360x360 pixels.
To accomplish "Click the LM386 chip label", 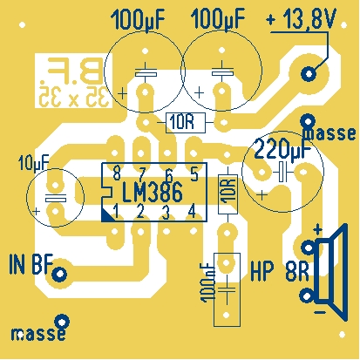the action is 152,192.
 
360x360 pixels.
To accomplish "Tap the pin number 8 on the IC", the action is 117,174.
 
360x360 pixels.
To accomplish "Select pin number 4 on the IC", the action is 192,211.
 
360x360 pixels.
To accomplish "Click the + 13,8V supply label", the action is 302,18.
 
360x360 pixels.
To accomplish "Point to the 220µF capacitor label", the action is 282,148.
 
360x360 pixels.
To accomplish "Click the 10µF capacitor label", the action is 33,163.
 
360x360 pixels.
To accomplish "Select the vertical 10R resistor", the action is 228,194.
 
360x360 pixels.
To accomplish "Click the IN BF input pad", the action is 59,274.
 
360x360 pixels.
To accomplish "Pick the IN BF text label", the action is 31,264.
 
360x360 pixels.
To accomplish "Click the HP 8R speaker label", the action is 280,271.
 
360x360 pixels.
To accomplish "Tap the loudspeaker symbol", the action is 331,272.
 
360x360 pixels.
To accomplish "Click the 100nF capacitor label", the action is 207,282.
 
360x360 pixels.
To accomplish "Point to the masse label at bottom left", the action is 38,334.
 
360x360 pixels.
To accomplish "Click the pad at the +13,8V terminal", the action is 309,73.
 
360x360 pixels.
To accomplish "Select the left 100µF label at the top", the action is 137,19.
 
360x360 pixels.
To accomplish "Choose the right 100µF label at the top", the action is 218,19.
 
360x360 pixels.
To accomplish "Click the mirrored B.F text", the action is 74,70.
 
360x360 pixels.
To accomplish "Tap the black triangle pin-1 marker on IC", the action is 107,215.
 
